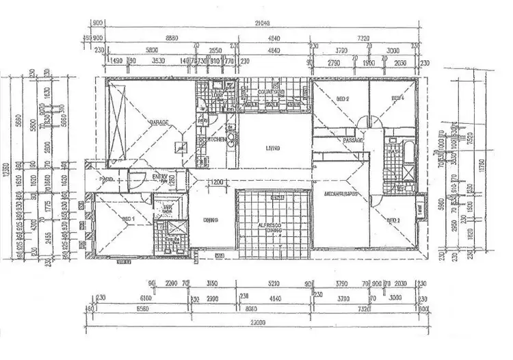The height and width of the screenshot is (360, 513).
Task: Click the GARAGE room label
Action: click(159, 123)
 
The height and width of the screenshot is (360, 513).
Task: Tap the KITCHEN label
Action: click(209, 140)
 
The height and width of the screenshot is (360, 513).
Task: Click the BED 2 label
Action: click(343, 99)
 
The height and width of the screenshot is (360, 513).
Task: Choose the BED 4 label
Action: click(397, 99)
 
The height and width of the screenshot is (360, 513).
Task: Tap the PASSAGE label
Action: click(353, 140)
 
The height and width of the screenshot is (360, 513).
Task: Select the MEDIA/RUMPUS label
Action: click(347, 195)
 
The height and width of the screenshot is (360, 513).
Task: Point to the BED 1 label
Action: click(127, 219)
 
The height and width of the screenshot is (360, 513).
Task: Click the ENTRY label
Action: click(160, 177)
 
